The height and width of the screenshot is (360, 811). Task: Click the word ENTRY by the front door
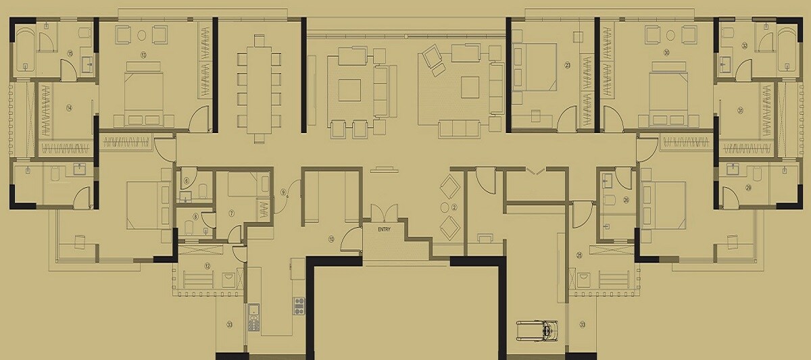tap(385, 230)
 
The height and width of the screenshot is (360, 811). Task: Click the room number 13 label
tap(143, 53)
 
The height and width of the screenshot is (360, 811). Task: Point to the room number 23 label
tap(567, 65)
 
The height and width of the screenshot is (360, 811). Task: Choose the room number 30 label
tap(666, 53)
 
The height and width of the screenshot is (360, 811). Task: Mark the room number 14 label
tap(70, 107)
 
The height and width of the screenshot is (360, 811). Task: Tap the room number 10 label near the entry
tap(331, 238)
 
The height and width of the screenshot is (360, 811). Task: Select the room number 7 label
tap(231, 213)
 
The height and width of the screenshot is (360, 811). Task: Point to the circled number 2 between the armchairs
tap(454, 207)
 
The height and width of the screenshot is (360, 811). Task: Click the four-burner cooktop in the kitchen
tap(299, 305)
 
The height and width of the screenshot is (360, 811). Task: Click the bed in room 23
tap(535, 68)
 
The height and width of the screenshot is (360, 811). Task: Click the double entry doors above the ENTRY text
tap(385, 212)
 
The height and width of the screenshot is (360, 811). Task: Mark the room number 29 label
tap(748, 187)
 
